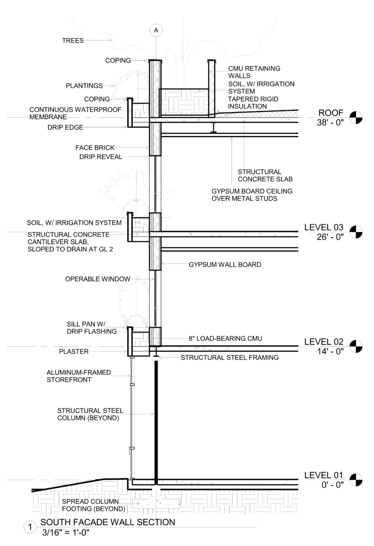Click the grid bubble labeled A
click(156, 30)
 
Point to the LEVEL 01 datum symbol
click(356, 480)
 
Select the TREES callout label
click(73, 40)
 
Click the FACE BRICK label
click(95, 147)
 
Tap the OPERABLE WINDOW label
click(97, 279)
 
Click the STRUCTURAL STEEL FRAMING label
click(229, 358)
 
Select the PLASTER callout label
click(74, 351)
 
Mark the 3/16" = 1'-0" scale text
click(67, 532)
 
